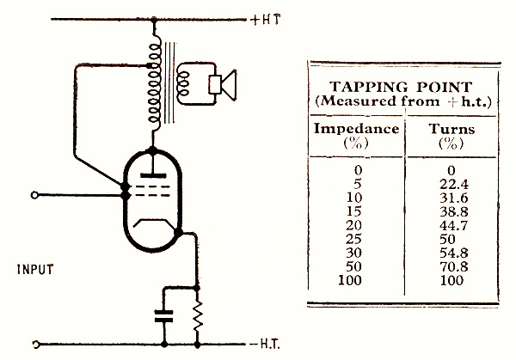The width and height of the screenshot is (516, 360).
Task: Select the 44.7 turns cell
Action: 447,229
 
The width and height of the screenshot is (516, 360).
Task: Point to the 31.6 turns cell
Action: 447,201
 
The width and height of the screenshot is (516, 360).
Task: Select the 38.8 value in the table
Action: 447,215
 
